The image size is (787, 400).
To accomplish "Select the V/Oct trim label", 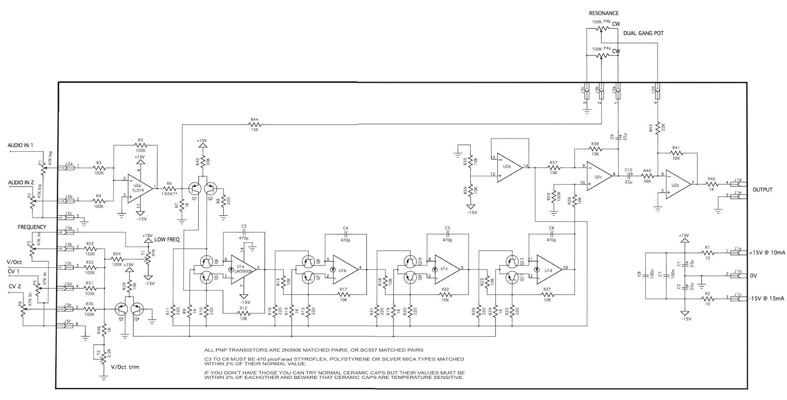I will click(125, 367).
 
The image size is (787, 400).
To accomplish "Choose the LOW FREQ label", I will click(167, 239).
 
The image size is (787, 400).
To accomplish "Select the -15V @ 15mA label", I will click(768, 297).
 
